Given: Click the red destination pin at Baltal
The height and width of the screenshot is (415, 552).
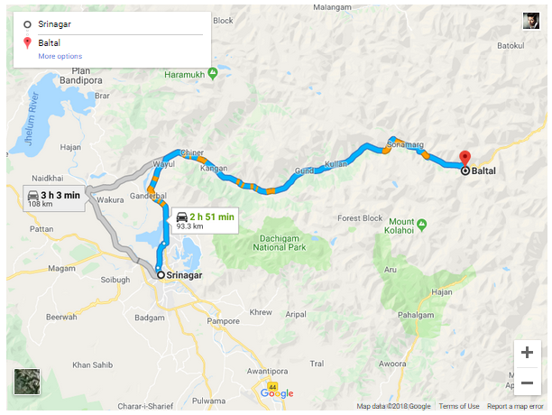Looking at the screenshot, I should pos(465,157).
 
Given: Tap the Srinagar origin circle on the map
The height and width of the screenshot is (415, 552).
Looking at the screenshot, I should pos(161,275).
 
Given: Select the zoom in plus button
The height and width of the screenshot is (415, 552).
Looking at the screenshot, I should pos(527,353).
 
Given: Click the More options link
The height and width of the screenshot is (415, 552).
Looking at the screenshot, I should pos(60,57).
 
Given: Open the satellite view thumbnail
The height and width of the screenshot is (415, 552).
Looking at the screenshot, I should pos(28,383).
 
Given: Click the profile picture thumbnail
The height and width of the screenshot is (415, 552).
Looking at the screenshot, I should pos(531,21).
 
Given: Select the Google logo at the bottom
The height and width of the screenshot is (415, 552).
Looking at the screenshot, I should pos(277,393).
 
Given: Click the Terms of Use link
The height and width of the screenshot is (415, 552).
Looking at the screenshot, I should pos(459,407).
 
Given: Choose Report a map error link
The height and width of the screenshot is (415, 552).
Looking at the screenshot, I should pos(516,407).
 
